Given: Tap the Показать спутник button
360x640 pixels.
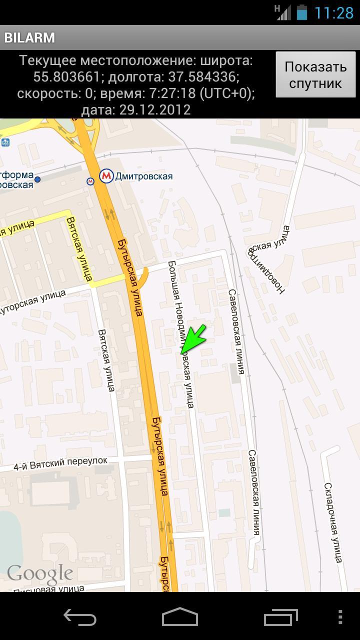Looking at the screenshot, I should tap(315, 74).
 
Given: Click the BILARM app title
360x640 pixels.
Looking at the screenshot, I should tap(29, 38).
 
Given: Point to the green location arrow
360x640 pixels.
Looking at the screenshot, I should tap(194, 338).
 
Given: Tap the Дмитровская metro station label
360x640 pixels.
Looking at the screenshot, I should tap(143, 176).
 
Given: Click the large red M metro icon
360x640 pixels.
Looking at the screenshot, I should tap(106, 176).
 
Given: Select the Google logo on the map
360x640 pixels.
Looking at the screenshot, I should tap(40, 574).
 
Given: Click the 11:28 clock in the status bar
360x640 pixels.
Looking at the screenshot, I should tap(333, 12).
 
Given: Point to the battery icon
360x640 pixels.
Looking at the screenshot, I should tap(301, 12).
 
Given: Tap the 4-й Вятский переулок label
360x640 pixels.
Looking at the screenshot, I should tap(60, 463).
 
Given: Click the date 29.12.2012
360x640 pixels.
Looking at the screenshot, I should tap(155, 110).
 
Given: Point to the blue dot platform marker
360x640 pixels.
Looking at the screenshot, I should tap(37, 179).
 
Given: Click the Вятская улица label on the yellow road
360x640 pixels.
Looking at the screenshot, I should tap(79, 248).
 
